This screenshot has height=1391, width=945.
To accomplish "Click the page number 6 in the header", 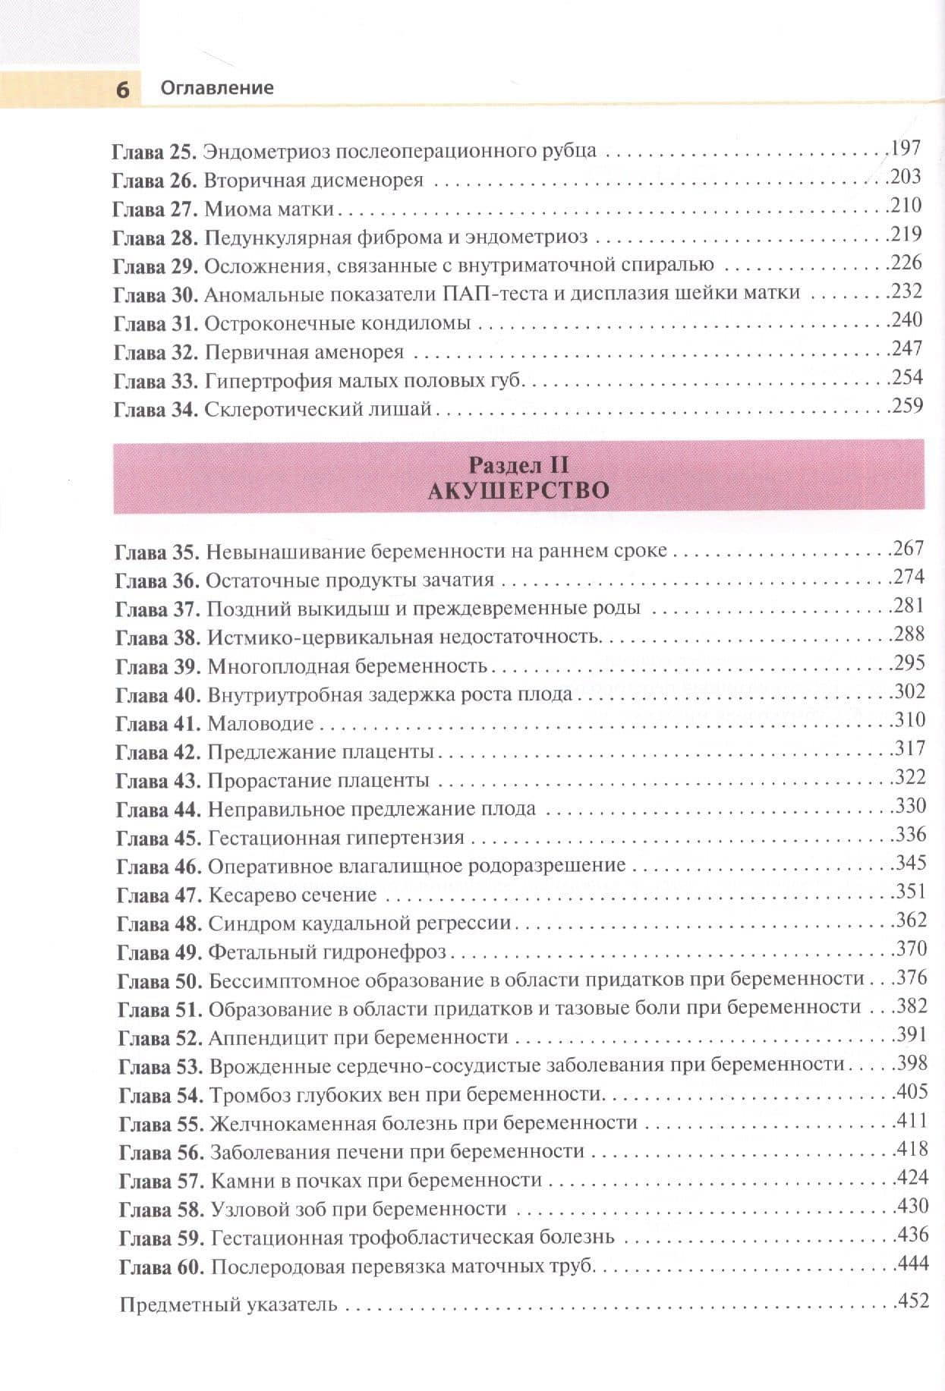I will (122, 90).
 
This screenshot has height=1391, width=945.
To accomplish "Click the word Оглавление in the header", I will (216, 88).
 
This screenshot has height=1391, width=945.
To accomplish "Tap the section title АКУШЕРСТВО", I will (518, 491).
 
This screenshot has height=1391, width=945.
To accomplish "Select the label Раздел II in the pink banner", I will (518, 464).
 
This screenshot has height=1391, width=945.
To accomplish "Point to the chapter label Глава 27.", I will (154, 209).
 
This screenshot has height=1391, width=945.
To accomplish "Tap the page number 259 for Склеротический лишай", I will (907, 406).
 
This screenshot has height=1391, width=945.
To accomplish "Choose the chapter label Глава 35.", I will (157, 552).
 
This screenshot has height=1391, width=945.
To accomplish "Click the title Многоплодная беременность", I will (347, 667).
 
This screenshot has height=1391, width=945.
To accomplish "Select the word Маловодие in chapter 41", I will (260, 724).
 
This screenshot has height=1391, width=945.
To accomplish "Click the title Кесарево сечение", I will (292, 895).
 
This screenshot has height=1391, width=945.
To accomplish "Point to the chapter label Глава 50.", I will (159, 981).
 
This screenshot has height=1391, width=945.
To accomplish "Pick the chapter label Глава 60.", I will (162, 1267).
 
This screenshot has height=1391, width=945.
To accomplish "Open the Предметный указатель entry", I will (228, 1306).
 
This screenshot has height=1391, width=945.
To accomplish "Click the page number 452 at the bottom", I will (913, 1301).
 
